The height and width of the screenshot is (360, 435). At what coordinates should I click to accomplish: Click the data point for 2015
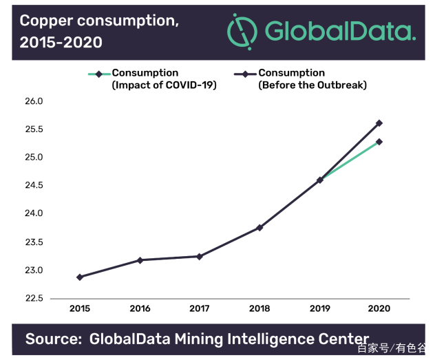(x=80, y=277)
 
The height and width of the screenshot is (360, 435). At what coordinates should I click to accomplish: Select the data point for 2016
(x=140, y=260)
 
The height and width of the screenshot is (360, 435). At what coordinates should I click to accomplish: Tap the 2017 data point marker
(x=200, y=257)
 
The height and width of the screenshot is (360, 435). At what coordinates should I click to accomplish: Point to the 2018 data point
(x=259, y=228)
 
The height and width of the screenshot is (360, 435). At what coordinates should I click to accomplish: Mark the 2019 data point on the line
(x=319, y=180)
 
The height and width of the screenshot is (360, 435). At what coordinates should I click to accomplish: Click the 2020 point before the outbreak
(x=379, y=123)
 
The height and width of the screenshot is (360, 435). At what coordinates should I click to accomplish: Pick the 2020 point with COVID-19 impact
(x=379, y=142)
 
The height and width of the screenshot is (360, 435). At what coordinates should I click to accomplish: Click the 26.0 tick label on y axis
(x=34, y=101)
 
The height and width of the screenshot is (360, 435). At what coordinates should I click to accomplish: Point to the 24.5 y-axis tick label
(x=34, y=186)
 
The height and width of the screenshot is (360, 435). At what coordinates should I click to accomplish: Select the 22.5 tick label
(x=34, y=299)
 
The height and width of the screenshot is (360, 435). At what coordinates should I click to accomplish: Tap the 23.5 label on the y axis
(x=34, y=242)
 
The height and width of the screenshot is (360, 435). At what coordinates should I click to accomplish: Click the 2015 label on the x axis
(x=80, y=309)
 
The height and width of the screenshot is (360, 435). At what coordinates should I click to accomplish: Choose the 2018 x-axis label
(x=259, y=309)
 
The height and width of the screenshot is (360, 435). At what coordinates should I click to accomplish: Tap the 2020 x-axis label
(x=379, y=309)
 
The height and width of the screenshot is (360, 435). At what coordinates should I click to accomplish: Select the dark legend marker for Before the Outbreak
(x=246, y=74)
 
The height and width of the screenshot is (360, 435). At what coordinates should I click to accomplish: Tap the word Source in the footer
(x=50, y=339)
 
